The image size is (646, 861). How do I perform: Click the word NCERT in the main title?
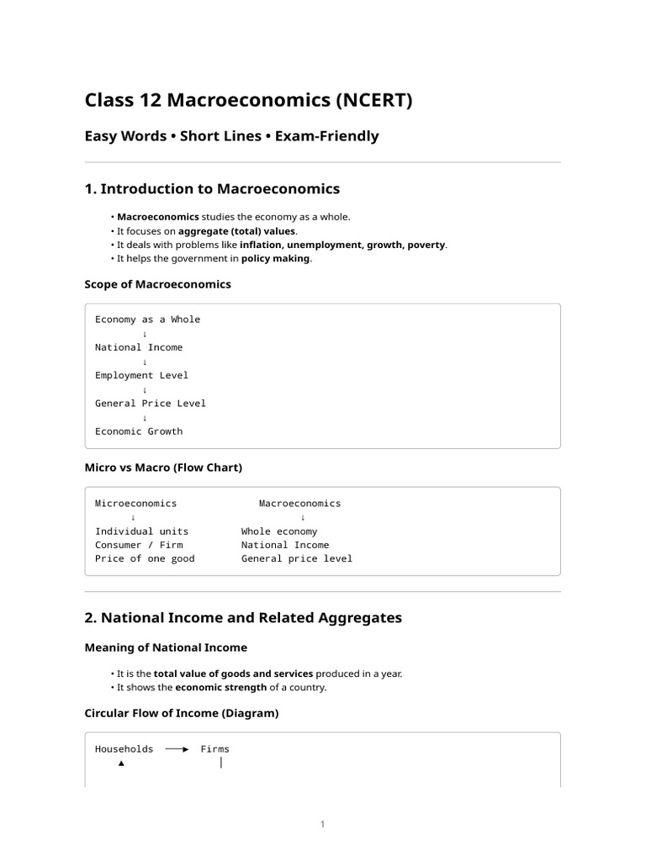[374, 101]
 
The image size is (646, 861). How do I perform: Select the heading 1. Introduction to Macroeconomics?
[212, 188]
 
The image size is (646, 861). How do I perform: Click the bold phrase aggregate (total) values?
[237, 230]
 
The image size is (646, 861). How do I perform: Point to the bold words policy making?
[276, 258]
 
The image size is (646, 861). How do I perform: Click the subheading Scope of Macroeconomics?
[157, 284]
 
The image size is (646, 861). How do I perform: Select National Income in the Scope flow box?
[138, 347]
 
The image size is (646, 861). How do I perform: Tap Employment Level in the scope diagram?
[141, 375]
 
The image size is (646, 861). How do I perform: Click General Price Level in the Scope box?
[150, 403]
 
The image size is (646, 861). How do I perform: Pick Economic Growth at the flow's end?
[138, 431]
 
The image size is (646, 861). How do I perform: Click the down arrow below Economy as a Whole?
[145, 334]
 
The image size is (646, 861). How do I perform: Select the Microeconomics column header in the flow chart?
[135, 503]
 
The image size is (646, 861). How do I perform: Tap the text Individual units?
[141, 531]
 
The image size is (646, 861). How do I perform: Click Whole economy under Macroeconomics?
[279, 531]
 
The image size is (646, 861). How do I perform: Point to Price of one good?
[144, 558]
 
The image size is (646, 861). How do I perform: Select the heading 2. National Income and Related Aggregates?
[243, 618]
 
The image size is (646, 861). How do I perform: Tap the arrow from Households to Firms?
[177, 749]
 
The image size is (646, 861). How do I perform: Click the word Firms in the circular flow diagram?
[214, 749]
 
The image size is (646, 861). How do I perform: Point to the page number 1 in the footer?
[322, 824]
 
